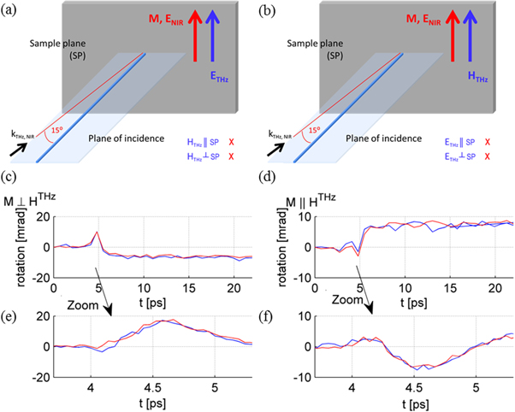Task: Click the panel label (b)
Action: point(269,10)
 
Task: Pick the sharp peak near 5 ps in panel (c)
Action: point(98,232)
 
